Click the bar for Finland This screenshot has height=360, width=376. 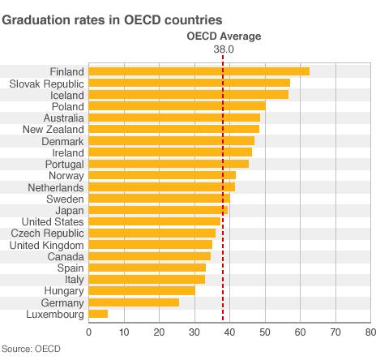199,71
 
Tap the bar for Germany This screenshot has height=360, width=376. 134,302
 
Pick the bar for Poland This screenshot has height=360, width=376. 177,105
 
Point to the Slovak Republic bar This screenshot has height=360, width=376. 189,83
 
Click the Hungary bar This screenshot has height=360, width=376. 142,289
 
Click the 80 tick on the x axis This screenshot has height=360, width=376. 370,332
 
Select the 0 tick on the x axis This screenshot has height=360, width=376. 88,332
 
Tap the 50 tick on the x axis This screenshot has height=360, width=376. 264,332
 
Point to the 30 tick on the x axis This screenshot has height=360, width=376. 194,332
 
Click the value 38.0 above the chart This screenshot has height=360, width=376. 223,49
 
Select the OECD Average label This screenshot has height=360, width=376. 223,36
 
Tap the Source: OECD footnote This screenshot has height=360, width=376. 31,349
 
